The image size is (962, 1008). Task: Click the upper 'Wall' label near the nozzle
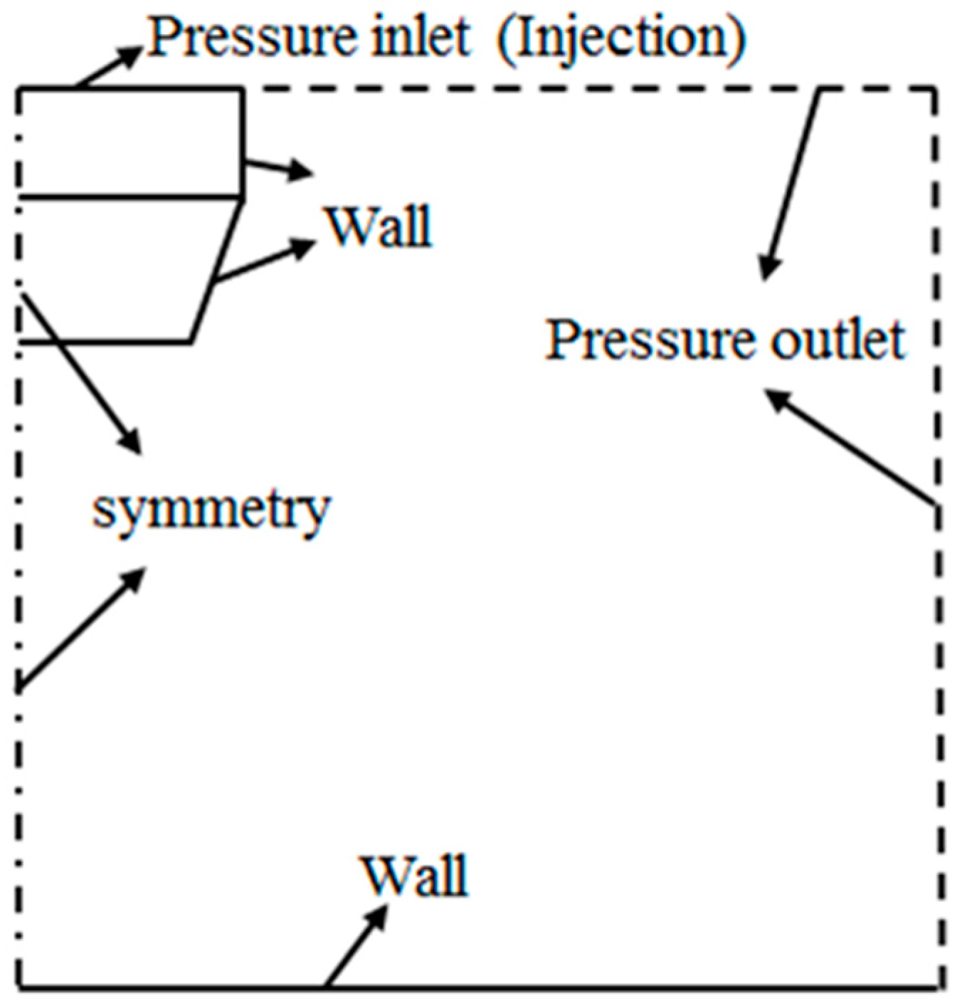pos(379,227)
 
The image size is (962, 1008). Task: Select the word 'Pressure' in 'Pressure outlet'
pos(647,340)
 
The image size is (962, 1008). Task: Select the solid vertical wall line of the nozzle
pos(242,142)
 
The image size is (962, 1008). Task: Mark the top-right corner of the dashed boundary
pos(935,89)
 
